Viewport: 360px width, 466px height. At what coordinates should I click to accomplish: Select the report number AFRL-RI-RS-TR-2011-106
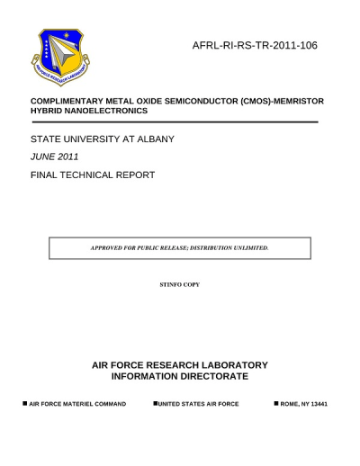[255, 45]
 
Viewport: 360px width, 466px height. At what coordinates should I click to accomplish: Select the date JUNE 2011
[55, 157]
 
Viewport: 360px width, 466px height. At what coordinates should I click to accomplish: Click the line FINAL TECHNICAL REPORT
[93, 175]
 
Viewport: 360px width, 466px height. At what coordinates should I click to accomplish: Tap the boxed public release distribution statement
[179, 247]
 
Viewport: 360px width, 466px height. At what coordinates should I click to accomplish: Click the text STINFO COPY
[179, 284]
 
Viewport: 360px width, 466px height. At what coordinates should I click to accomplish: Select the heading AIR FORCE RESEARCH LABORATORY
[180, 365]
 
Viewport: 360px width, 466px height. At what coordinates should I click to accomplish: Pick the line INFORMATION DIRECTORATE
[180, 376]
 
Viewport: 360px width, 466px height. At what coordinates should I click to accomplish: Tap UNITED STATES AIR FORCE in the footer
[198, 405]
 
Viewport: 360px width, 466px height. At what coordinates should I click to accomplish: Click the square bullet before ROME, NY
[275, 404]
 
